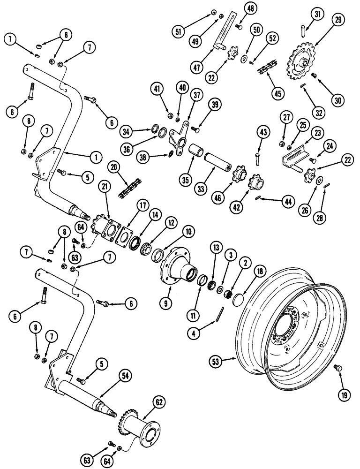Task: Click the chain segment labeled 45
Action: pyautogui.click(x=268, y=70)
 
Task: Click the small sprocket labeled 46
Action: pyautogui.click(x=238, y=177)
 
